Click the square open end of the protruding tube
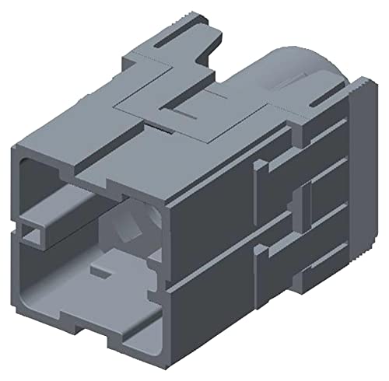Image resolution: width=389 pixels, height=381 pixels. tap(33, 229)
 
